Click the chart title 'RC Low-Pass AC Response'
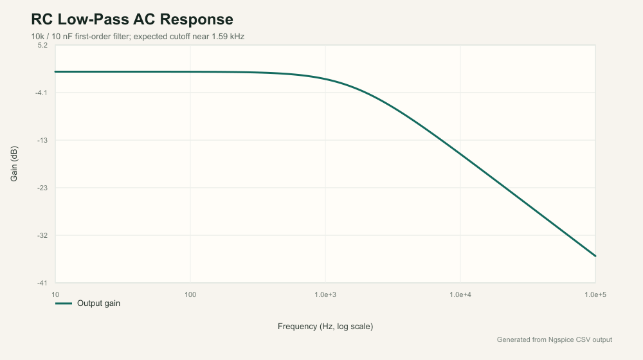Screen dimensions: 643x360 pyautogui.click(x=132, y=19)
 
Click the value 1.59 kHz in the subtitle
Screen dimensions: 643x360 pyautogui.click(x=228, y=37)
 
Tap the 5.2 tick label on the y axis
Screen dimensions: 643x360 pyautogui.click(x=42, y=45)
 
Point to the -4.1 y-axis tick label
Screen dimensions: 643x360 pyautogui.click(x=41, y=93)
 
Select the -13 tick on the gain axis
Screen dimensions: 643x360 pyautogui.click(x=42, y=140)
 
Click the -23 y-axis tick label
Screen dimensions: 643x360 pyautogui.click(x=42, y=188)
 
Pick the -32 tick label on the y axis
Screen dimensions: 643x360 pyautogui.click(x=42, y=235)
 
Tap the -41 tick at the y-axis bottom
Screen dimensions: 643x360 pyautogui.click(x=42, y=283)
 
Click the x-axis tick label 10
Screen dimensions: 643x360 pyautogui.click(x=55, y=294)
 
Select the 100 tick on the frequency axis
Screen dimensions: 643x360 pyautogui.click(x=190, y=294)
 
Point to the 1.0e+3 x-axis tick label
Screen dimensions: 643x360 pyautogui.click(x=325, y=294)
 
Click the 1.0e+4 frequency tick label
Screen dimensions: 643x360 pyautogui.click(x=460, y=294)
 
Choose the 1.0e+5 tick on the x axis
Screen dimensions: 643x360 pyautogui.click(x=595, y=294)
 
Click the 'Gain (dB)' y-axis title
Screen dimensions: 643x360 pyautogui.click(x=14, y=163)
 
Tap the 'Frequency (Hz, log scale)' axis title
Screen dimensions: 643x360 pyautogui.click(x=325, y=327)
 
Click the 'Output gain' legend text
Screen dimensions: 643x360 pyautogui.click(x=98, y=303)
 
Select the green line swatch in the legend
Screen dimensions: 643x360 pyautogui.click(x=64, y=303)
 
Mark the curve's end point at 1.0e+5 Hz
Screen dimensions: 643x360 pyautogui.click(x=595, y=256)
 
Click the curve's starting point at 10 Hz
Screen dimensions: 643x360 pyautogui.click(x=55, y=72)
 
